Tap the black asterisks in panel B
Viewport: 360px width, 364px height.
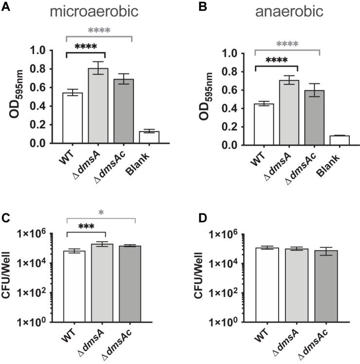(x=275, y=60)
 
